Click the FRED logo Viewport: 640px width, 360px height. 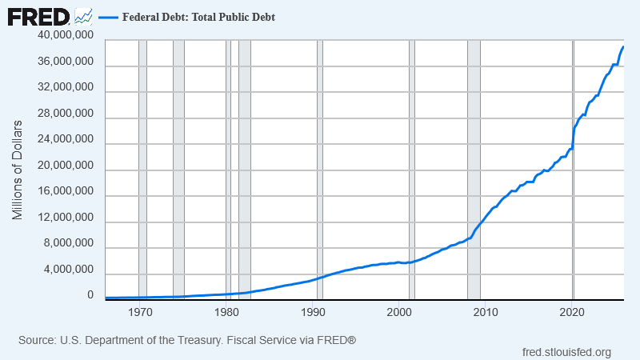pyautogui.click(x=38, y=18)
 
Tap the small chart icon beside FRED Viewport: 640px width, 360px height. pyautogui.click(x=83, y=17)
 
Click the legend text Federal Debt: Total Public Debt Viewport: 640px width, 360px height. pyautogui.click(x=198, y=17)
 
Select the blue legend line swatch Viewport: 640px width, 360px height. pyautogui.click(x=108, y=17)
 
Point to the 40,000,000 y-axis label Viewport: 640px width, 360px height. pyautogui.click(x=66, y=35)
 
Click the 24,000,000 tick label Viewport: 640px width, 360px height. pyautogui.click(x=66, y=139)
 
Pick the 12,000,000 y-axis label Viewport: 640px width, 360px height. pyautogui.click(x=66, y=217)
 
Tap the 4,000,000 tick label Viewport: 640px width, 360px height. pyautogui.click(x=69, y=270)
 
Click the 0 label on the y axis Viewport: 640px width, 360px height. pyautogui.click(x=90, y=295)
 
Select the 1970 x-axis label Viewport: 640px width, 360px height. pyautogui.click(x=140, y=312)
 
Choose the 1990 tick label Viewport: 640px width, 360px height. pyautogui.click(x=313, y=312)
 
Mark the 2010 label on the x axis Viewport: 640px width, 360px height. pyautogui.click(x=486, y=312)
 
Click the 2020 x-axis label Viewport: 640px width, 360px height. pyautogui.click(x=572, y=312)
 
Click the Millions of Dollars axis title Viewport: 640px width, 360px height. pyautogui.click(x=17, y=170)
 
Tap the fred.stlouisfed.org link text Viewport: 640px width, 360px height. pyautogui.click(x=566, y=352)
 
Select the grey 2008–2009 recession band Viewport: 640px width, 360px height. pyautogui.click(x=474, y=170)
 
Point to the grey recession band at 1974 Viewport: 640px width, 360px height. pyautogui.click(x=178, y=170)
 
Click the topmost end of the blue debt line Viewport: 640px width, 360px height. pyautogui.click(x=623, y=47)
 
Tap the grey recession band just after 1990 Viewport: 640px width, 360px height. pyautogui.click(x=320, y=170)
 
